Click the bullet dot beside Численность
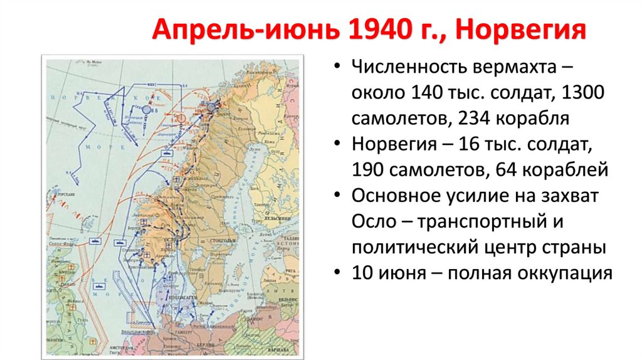coord(339,67)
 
